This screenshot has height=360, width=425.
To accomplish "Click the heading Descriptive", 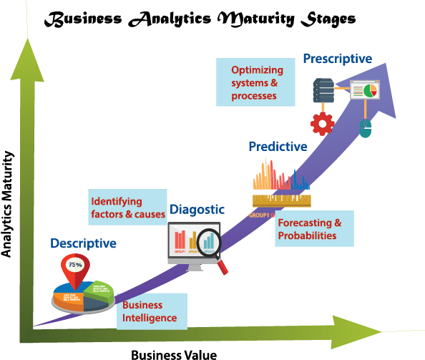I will pos(83,244).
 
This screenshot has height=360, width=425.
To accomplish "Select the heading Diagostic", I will pos(197,210).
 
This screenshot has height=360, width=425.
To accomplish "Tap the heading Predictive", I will pos(278,147).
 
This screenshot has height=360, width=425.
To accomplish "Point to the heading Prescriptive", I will pos(337,59).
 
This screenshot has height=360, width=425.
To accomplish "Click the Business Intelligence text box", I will pos(152,311).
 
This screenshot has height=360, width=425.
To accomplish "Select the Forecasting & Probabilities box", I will pos(313,229).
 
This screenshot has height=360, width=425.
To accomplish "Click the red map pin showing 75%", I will pos(75,266).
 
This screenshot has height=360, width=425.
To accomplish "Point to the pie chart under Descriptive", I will pos(82,297).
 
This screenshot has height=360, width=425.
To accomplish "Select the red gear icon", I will pos(322,124).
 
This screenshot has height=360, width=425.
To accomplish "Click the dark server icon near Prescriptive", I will pos(321,91).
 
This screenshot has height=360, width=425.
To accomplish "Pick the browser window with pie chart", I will pos(365,92).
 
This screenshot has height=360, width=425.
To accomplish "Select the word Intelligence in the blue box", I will pos(149,318).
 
